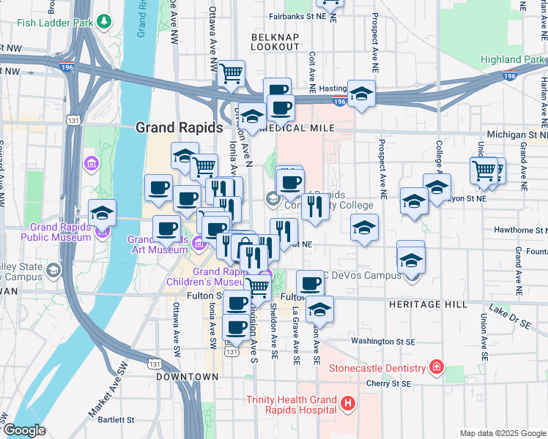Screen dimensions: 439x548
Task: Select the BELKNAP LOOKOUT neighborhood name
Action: point(275,41)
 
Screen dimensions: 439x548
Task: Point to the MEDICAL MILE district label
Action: point(297,128)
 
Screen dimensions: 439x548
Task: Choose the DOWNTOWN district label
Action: point(187,376)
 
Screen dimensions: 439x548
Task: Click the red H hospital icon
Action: point(348,403)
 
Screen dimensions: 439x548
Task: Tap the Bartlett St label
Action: point(111,420)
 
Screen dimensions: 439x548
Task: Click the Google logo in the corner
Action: point(23,430)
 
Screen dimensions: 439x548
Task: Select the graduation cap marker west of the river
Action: point(102,214)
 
